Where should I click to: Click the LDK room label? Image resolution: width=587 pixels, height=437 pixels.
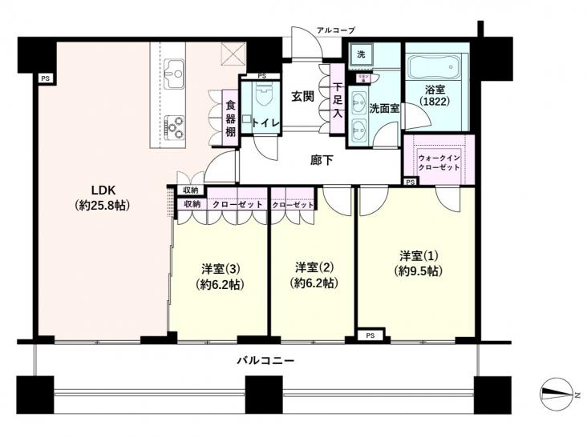tap(104, 198)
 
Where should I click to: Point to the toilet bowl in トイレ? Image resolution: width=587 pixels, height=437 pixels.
tap(261, 97)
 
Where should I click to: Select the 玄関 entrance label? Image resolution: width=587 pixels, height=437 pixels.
tap(302, 97)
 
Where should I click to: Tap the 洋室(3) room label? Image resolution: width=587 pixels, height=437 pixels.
tap(220, 276)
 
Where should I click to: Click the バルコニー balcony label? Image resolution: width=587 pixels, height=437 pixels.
tap(265, 361)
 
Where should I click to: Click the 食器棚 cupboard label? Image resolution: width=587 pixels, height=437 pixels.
tap(229, 117)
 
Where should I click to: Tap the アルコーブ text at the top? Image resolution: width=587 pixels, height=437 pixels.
tap(335, 30)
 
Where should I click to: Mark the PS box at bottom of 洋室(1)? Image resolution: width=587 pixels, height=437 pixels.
tap(369, 335)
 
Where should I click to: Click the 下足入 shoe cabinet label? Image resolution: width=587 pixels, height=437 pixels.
tap(338, 96)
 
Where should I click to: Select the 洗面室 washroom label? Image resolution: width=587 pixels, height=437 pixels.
tap(384, 109)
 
